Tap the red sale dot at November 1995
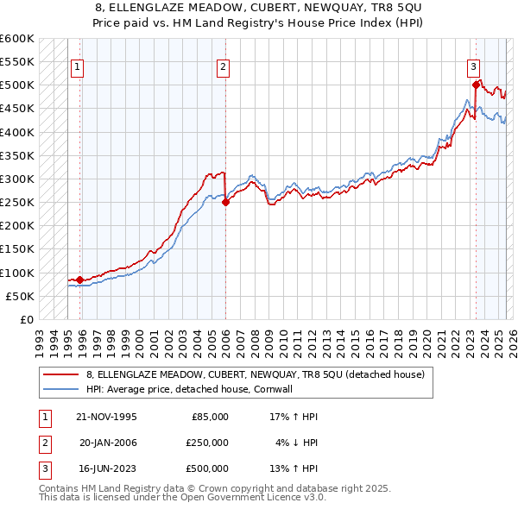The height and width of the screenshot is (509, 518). click(x=79, y=280)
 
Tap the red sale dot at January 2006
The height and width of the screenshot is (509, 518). click(x=225, y=203)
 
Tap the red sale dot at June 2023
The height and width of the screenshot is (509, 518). click(x=476, y=85)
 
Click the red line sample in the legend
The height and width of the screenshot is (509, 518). click(x=60, y=374)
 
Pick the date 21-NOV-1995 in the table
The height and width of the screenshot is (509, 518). click(x=107, y=417)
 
